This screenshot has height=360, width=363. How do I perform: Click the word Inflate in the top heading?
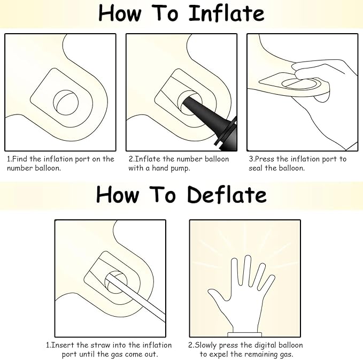227,13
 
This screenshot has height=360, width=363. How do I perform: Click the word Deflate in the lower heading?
227,195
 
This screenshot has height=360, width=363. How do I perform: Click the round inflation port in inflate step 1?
66,102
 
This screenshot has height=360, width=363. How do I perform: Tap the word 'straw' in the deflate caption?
101,345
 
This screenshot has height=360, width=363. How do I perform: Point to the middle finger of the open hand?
247,270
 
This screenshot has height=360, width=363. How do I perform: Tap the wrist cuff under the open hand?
244,334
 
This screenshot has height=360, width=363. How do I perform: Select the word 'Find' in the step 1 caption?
19,159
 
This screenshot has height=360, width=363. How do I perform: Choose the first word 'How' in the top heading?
120,13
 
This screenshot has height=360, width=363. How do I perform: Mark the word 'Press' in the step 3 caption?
265,159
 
